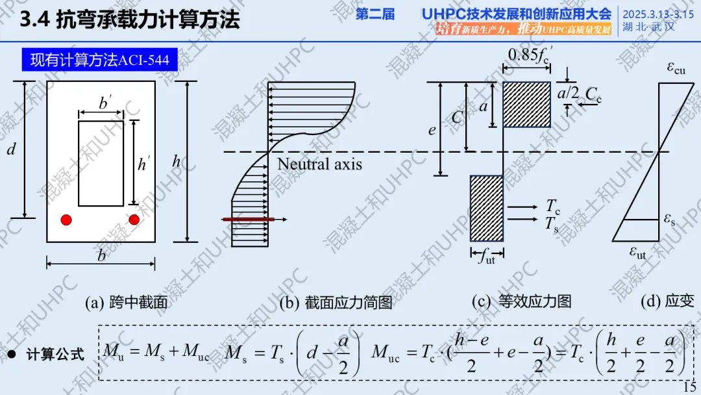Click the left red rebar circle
pyautogui.click(x=66, y=220)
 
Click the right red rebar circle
pyautogui.click(x=134, y=220)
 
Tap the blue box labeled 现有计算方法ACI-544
pyautogui.click(x=99, y=60)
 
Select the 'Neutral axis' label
pyautogui.click(x=319, y=164)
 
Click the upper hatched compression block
pyautogui.click(x=526, y=105)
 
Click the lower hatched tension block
pyautogui.click(x=487, y=208)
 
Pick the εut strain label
pyautogui.click(x=637, y=252)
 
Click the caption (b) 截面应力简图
pyautogui.click(x=336, y=302)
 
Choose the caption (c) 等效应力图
pyautogui.click(x=521, y=301)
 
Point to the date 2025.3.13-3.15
pyautogui.click(x=658, y=13)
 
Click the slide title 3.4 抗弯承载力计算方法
pyautogui.click(x=130, y=19)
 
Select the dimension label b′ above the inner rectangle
pyautogui.click(x=105, y=103)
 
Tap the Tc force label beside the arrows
pyautogui.click(x=552, y=207)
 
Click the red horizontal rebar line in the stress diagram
pyautogui.click(x=249, y=220)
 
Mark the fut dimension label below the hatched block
pyautogui.click(x=486, y=258)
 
